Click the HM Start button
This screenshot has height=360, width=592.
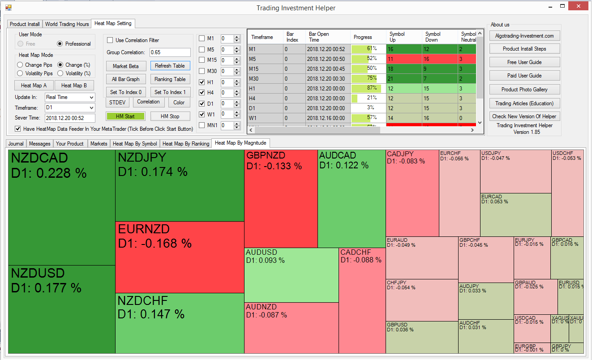click(x=125, y=116)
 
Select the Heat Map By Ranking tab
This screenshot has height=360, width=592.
click(x=186, y=144)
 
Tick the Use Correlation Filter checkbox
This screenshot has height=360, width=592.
click(x=110, y=40)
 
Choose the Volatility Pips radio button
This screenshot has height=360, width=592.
click(x=20, y=73)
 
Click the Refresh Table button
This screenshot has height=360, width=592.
click(x=170, y=66)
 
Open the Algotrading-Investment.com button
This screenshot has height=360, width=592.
click(x=524, y=36)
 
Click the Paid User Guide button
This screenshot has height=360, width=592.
click(x=524, y=76)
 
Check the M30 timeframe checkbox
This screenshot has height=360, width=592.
click(x=202, y=71)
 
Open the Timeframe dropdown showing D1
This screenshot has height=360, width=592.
click(x=70, y=108)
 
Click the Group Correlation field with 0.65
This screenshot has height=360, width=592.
click(x=170, y=52)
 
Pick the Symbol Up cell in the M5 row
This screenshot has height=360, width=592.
click(x=404, y=59)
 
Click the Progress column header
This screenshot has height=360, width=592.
click(x=363, y=37)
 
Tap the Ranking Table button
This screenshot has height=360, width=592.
click(x=170, y=79)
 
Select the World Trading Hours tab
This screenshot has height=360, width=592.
click(x=67, y=24)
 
